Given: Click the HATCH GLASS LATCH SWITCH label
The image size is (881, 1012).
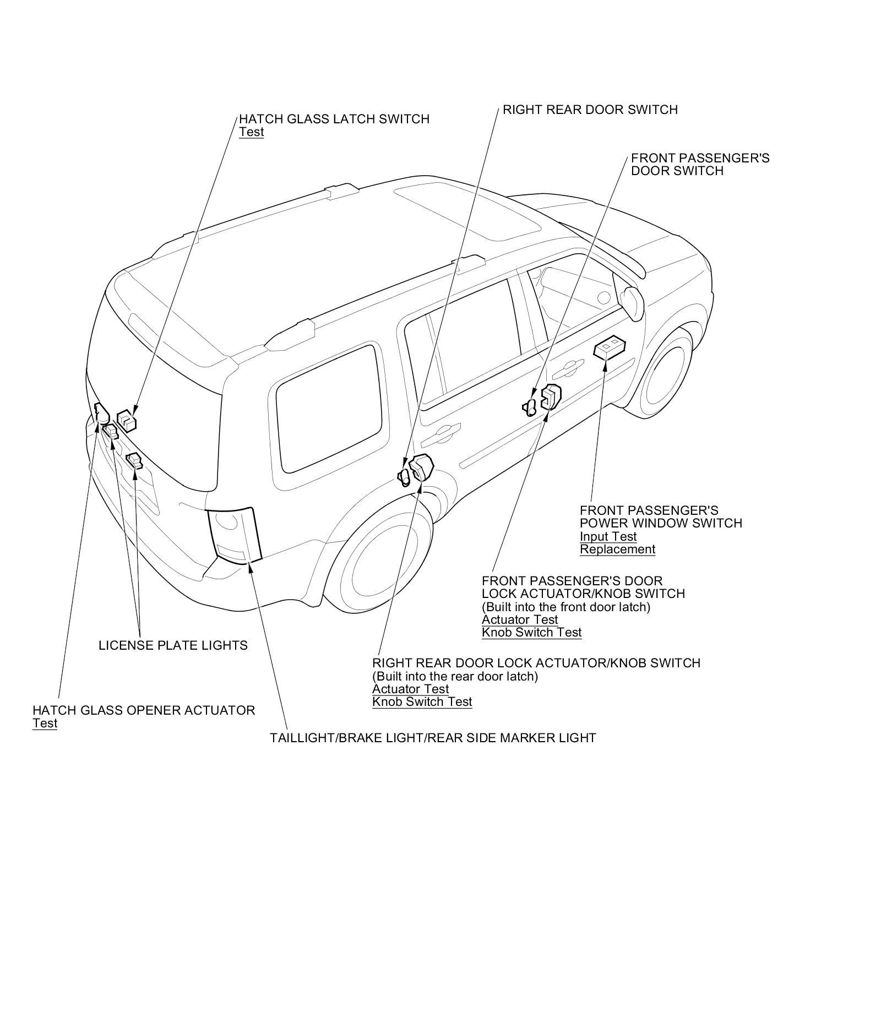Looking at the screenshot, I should pos(334,119).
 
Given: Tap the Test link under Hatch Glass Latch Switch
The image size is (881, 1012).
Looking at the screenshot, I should pos(251,132).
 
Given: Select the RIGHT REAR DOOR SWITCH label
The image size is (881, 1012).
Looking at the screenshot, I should pos(590,110).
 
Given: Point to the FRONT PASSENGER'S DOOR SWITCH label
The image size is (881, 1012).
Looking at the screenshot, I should pos(700,164).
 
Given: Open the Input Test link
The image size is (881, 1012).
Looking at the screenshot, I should pos(608,536).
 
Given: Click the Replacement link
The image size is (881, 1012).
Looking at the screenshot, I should pos(617,549).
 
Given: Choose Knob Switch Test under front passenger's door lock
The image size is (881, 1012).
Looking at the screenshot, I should pos(531,632).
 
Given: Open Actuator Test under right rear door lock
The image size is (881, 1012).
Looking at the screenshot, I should pos(410,689).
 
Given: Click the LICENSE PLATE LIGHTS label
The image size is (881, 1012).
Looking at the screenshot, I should pos(173,645).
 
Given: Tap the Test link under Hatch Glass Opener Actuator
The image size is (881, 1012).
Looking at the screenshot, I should pos(45,723).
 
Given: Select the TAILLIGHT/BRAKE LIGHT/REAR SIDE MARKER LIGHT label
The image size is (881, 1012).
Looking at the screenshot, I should pos(433,738).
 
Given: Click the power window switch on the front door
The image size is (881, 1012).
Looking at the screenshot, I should pos(610,347).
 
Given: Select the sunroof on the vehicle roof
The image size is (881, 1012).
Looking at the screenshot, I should pos(468,209).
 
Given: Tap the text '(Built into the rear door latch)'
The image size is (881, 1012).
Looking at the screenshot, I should pos(455,676).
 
